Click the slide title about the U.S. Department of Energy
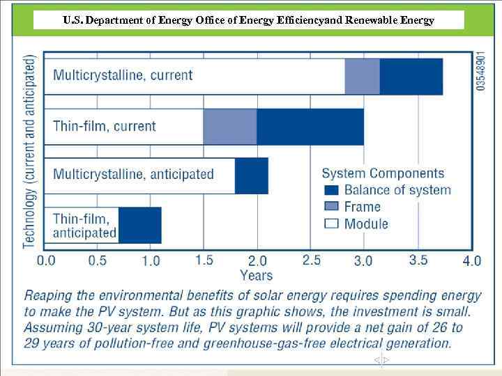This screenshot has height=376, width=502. point(248,20)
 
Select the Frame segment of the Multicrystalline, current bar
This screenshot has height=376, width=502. point(362,77)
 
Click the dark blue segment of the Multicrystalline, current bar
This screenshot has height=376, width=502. point(411,77)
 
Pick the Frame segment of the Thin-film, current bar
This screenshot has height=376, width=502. point(230,127)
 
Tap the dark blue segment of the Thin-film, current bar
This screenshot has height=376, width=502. point(310,127)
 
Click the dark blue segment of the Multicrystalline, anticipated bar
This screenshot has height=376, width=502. point(251,175)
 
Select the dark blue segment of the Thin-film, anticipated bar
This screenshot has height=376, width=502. point(139,225)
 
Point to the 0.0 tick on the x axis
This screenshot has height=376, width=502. point(47,261)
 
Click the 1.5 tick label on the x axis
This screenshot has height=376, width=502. point(204,260)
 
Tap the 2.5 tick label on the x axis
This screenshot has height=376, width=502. point(311,260)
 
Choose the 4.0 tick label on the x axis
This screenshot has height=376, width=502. point(471,261)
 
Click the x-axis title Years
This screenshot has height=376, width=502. point(257,276)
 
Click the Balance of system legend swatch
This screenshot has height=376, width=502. point(332,189)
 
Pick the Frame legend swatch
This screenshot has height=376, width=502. point(332,206)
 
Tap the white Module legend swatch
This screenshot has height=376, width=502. point(332,224)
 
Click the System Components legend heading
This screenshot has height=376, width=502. point(383,173)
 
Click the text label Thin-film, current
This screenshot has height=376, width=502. point(105,127)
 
